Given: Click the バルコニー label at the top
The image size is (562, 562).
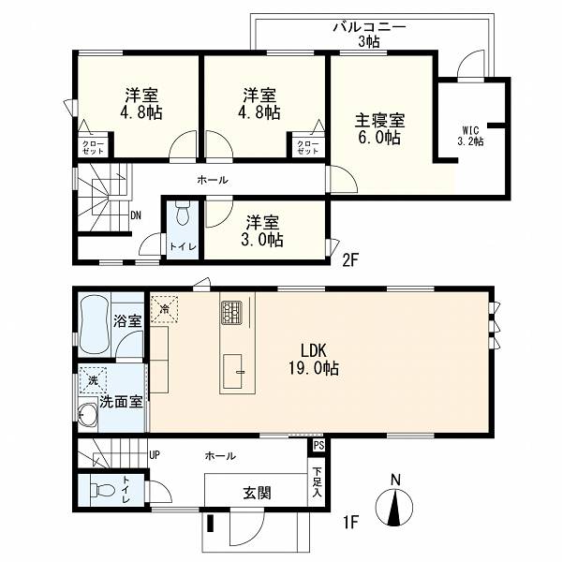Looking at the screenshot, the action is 369,27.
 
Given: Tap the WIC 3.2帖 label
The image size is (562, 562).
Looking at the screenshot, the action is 470,136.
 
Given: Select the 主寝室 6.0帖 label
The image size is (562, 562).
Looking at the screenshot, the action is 379,128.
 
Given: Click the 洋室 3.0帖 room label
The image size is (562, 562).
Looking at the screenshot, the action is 262,231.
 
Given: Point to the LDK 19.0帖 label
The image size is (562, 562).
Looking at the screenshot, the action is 314,360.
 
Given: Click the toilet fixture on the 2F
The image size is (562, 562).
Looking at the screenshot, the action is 183,213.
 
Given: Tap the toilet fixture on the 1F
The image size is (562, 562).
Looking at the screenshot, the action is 101,489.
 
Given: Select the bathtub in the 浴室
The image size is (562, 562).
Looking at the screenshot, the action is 94,325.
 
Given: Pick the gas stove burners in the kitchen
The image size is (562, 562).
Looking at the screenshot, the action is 231,313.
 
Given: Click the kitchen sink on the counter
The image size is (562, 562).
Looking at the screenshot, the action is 233,371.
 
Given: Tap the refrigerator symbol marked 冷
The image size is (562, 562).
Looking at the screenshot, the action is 164,308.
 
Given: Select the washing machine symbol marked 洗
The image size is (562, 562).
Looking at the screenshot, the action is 93,380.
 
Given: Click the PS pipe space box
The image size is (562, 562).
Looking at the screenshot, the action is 318,446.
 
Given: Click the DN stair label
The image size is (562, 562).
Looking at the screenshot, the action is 136,215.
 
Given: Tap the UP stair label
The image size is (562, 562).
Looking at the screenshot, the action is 155,455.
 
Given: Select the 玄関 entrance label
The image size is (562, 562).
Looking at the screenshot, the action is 257,494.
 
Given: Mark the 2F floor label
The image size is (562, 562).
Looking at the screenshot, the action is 350,260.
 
